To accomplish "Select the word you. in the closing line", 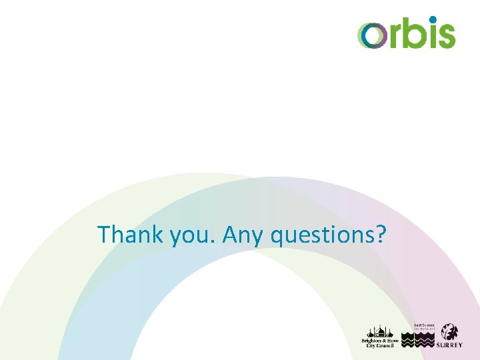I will (186, 237).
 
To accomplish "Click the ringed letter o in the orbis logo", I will (371, 35).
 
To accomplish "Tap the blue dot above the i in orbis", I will (433, 19).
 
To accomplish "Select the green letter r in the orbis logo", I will (394, 36).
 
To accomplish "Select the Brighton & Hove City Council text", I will (379, 343).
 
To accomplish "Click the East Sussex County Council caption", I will (423, 327).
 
